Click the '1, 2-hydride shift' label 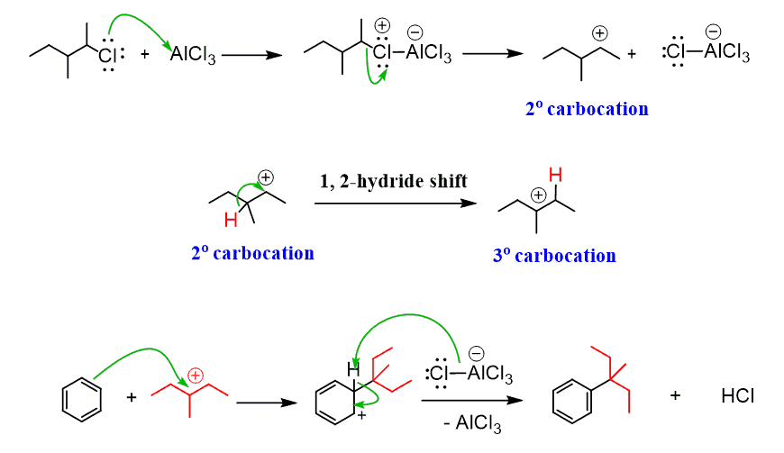[394, 181]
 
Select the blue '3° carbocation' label [554, 256]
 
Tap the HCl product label [737, 396]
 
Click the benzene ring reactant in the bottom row [80, 397]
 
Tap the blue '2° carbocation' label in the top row [587, 109]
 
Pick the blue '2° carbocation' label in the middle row [252, 253]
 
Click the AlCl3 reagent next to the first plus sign [193, 58]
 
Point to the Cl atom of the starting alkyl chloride [106, 58]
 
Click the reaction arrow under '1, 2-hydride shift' [394, 204]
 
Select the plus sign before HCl [674, 396]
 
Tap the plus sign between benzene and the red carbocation [132, 397]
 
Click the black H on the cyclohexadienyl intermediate [354, 368]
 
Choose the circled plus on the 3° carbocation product [538, 195]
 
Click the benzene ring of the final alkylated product [570, 397]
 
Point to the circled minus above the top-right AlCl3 [712, 32]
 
